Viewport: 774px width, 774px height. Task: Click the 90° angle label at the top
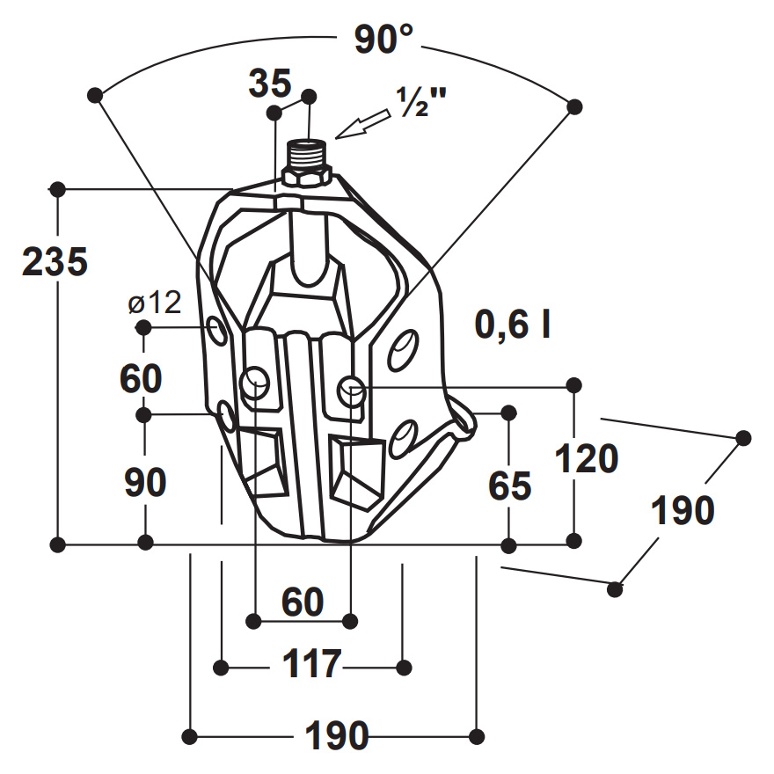[383, 39]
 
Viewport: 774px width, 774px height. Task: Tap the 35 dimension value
[270, 83]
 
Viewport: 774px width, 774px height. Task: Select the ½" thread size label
[421, 102]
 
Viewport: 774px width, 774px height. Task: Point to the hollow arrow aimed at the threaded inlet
[362, 124]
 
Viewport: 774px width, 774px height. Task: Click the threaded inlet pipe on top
[307, 155]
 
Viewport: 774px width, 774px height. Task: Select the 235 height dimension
[55, 261]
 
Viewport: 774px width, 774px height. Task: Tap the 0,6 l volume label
[513, 325]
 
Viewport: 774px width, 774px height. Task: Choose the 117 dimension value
[312, 664]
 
